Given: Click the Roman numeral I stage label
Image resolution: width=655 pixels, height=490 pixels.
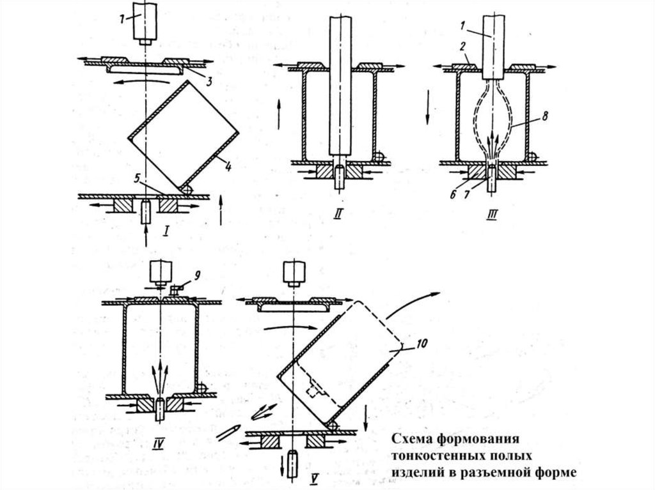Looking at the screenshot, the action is tap(167, 231).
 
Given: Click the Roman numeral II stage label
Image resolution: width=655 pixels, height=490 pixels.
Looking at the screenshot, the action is tap(338, 215).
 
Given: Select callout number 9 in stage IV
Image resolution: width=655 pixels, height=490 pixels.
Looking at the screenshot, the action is tap(197, 275).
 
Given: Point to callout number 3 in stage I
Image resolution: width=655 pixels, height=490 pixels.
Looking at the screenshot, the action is tap(209, 81).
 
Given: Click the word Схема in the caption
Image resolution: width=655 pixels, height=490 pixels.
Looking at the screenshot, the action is tap(411, 440).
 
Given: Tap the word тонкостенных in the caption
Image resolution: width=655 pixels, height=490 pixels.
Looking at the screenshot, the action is tap(437, 456).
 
